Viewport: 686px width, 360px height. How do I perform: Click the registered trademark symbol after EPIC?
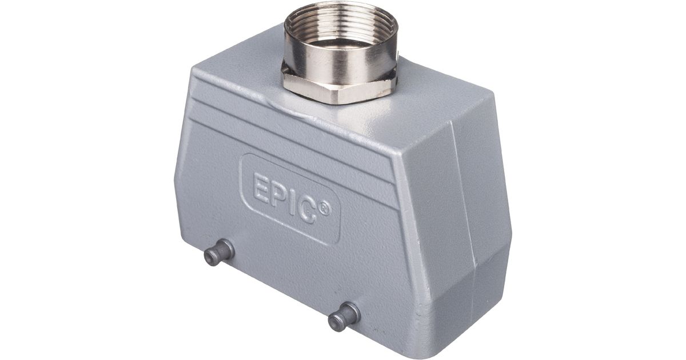point(324,209)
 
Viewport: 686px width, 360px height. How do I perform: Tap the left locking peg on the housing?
point(218,253)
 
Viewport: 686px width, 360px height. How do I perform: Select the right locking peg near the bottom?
point(344,316)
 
